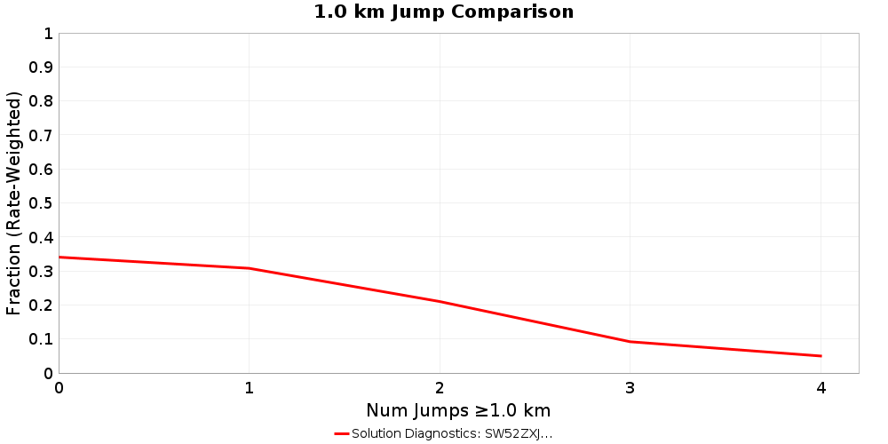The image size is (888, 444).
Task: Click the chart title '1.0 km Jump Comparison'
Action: pos(443,12)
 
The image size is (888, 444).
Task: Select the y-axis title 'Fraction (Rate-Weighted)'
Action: pos(13,203)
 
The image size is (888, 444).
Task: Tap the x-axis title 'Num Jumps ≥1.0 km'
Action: pos(458,410)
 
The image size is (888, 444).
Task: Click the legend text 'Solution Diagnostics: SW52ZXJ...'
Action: pos(452,433)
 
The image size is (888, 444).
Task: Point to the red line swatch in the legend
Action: pos(342,433)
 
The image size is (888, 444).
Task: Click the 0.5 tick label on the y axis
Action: pos(41,203)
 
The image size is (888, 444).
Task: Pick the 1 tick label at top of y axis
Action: pos(48,34)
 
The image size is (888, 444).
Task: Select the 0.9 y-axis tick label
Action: pos(41,67)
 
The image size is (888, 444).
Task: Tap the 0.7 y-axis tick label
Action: pos(41,135)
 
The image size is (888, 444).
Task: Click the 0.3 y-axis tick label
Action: pos(41,271)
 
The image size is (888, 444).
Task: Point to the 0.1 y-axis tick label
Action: pos(41,339)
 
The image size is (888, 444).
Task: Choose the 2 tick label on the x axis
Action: pos(440,388)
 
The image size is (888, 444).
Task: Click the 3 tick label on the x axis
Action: pos(630,388)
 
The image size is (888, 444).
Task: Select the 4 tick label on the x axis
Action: pos(821,388)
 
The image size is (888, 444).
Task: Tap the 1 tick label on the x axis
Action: pos(250,388)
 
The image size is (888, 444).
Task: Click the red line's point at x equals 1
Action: pos(250,268)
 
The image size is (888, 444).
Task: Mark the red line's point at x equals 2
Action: pos(440,301)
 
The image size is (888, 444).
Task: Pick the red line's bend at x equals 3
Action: pos(630,342)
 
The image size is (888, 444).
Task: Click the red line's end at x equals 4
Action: pos(821,356)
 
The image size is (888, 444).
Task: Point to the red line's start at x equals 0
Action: pos(59,258)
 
